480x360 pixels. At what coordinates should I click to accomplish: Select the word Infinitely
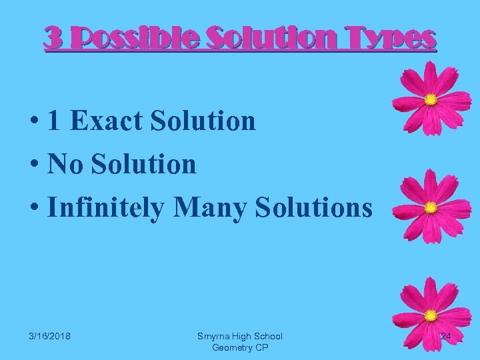pyautogui.click(x=106, y=207)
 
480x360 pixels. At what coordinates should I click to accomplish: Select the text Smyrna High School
pyautogui.click(x=239, y=336)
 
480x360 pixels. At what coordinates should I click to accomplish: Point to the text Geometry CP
pyautogui.click(x=239, y=347)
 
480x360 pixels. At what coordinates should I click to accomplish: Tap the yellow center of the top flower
pyautogui.click(x=431, y=100)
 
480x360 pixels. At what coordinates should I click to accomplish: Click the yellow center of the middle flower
pyautogui.click(x=431, y=206)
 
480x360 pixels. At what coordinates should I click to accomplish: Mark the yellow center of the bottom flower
pyautogui.click(x=431, y=314)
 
